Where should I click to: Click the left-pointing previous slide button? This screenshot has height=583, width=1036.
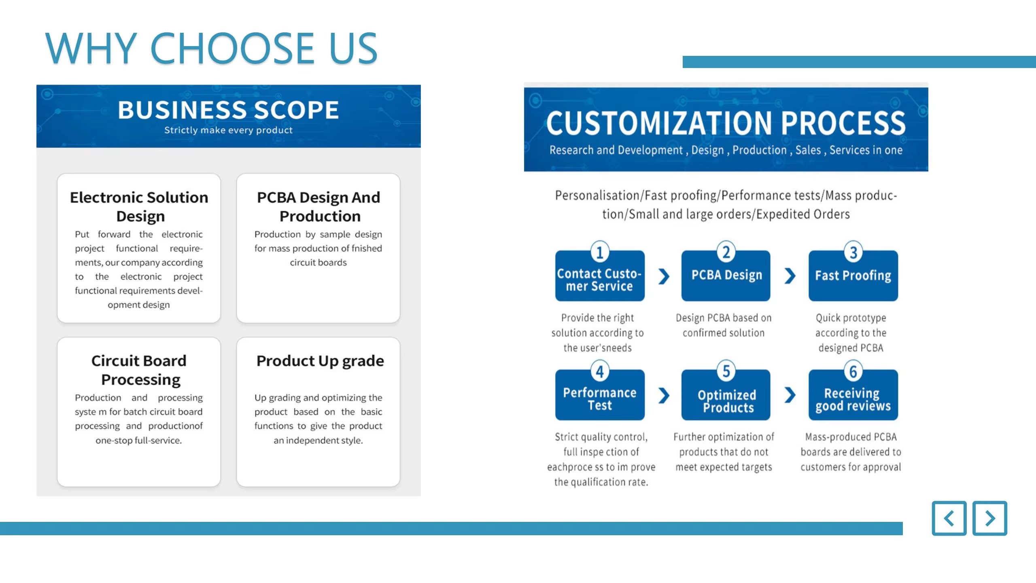[x=949, y=518]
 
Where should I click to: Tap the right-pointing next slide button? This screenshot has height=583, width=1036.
[x=990, y=518]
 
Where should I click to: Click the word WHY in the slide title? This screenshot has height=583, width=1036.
[x=91, y=48]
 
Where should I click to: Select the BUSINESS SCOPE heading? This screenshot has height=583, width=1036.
[x=229, y=110]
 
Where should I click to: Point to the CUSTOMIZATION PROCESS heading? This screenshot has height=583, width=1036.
[x=726, y=123]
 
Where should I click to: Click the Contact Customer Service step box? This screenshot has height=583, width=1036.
[x=600, y=276]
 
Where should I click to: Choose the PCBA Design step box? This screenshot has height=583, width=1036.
[x=726, y=276]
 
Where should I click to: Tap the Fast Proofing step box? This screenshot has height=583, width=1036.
[x=853, y=276]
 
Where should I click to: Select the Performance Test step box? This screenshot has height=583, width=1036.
[x=600, y=395]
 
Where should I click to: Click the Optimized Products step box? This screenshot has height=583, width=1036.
[x=726, y=395]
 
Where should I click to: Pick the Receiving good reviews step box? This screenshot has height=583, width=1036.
[x=853, y=395]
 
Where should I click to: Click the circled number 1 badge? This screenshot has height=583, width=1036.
[x=600, y=252]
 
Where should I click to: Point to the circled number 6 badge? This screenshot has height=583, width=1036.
[x=853, y=371]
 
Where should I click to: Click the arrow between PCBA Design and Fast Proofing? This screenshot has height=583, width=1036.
[x=790, y=276]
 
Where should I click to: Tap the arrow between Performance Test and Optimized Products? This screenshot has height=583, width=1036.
[x=664, y=396]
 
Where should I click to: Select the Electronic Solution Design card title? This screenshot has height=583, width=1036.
[x=139, y=206]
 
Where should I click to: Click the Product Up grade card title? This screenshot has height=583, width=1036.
[x=320, y=361]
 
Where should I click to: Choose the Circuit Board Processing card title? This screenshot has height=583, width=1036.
[x=139, y=370]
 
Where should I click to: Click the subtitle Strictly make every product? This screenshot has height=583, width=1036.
[x=228, y=130]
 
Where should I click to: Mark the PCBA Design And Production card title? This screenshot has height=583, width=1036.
[x=319, y=206]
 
